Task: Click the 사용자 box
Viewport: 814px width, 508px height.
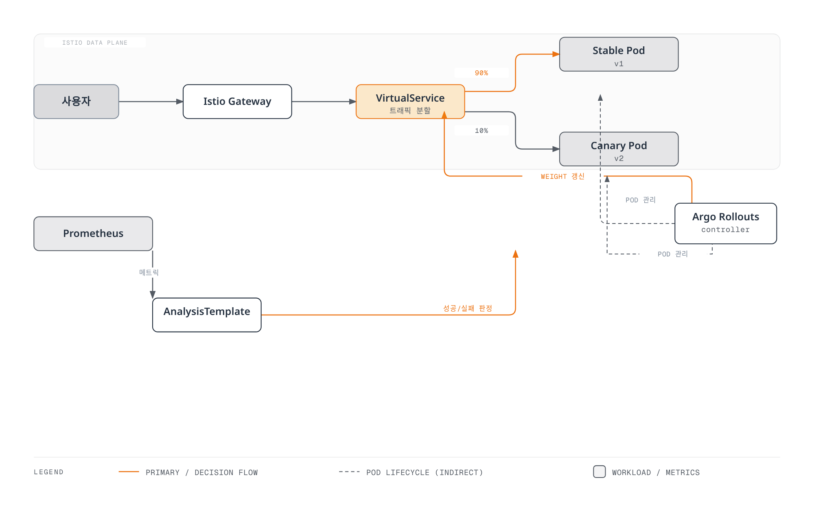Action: [76, 102]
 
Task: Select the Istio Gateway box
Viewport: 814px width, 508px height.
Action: [237, 102]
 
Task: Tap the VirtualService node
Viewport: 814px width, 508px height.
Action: [410, 102]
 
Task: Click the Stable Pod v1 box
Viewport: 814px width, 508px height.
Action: [619, 54]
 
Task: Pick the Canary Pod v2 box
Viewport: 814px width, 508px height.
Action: [619, 149]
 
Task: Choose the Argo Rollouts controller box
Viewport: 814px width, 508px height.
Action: [726, 224]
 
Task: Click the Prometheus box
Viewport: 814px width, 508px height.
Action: [93, 234]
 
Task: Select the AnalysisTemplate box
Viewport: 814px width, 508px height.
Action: [207, 315]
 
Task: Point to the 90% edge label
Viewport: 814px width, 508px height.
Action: [481, 73]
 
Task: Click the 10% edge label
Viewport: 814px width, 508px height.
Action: [481, 130]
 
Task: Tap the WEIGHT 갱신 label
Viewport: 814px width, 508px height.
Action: [562, 176]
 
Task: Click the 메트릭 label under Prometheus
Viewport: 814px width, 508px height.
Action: [149, 272]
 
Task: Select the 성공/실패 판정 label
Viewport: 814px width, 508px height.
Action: [468, 308]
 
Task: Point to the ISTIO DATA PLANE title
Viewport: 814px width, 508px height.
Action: [95, 43]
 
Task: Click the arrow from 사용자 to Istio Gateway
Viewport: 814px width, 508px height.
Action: [151, 102]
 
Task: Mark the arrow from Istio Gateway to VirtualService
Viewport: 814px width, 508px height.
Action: [324, 102]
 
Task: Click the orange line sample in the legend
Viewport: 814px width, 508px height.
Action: [129, 472]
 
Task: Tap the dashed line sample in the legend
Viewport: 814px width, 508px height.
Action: [349, 472]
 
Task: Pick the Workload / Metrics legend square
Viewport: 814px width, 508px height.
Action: [600, 471]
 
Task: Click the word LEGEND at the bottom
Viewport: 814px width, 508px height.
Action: [49, 472]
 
